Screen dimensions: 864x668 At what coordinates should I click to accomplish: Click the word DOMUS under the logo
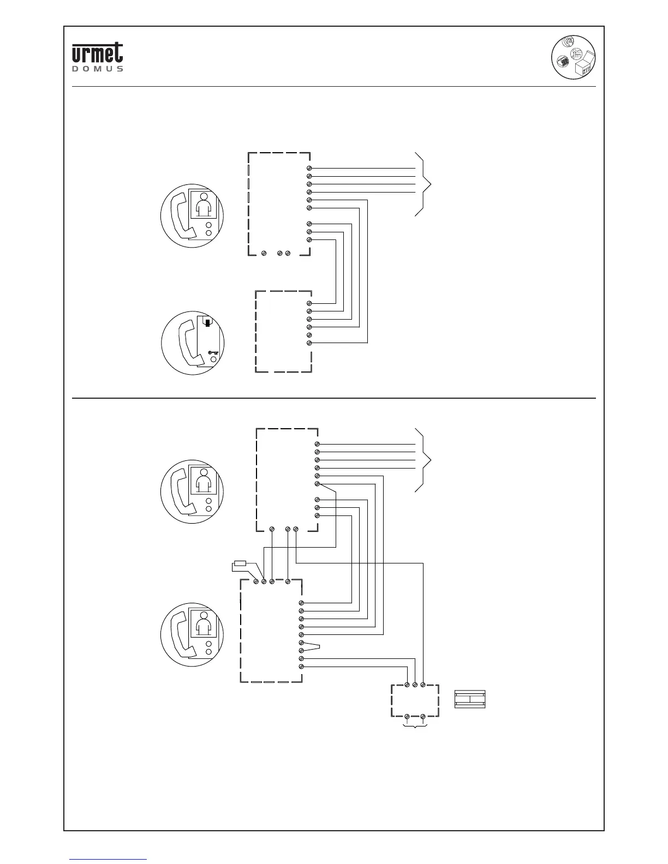click(x=98, y=69)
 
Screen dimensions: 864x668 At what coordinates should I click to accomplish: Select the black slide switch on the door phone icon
click(x=208, y=322)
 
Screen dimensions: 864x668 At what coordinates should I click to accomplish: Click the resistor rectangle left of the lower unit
click(x=240, y=563)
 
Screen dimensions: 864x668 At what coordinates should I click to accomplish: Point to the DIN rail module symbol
click(x=470, y=700)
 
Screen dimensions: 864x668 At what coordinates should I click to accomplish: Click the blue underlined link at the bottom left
click(x=108, y=859)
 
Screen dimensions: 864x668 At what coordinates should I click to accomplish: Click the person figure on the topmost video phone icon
click(x=204, y=206)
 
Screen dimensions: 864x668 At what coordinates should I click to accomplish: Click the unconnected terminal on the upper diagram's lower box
click(x=309, y=335)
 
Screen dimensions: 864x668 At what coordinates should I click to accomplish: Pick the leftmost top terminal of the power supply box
click(x=407, y=684)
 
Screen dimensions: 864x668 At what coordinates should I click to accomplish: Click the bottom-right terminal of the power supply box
click(x=424, y=716)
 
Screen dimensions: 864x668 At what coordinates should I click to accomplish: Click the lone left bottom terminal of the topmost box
click(x=264, y=254)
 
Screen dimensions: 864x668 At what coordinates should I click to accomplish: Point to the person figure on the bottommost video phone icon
click(x=204, y=624)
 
